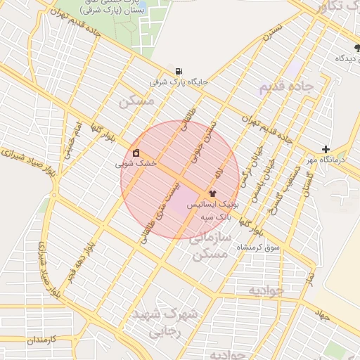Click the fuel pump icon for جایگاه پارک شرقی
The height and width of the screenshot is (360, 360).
179,71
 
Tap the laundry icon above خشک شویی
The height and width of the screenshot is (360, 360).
136,153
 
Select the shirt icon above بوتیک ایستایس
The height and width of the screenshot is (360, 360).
212,193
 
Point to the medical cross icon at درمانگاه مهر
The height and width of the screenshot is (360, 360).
326,149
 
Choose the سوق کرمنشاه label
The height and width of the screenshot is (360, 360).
259,247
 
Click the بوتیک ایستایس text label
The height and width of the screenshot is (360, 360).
213,203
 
